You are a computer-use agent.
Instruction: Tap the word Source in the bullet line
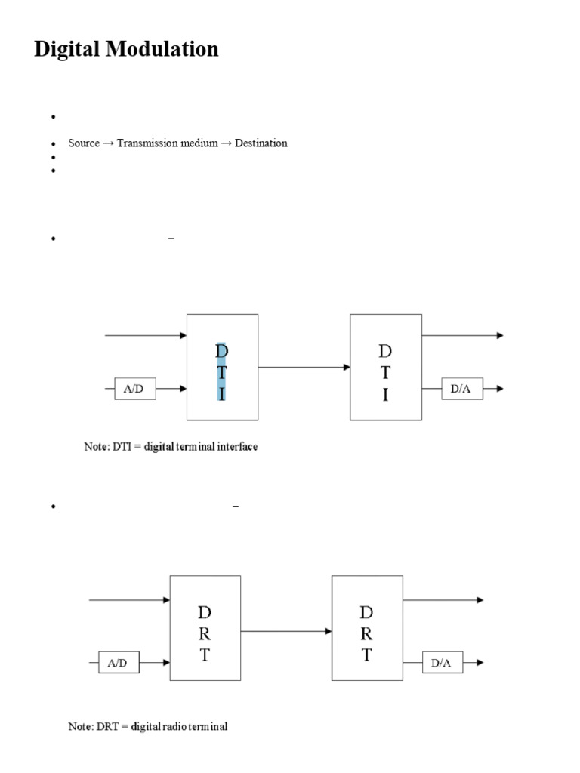[84, 143]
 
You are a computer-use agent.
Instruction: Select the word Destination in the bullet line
[261, 143]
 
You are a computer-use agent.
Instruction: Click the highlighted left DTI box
[222, 367]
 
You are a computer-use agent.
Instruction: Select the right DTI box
[385, 367]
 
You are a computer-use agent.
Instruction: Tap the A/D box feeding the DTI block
[135, 389]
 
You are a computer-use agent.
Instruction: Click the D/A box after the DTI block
[462, 389]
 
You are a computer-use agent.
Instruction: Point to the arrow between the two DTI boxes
[304, 368]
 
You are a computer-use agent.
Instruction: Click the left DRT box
[205, 629]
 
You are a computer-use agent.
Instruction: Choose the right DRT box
[367, 629]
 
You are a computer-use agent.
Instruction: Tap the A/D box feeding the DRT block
[119, 664]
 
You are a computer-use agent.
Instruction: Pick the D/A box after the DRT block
[442, 664]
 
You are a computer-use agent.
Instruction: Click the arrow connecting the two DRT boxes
[286, 630]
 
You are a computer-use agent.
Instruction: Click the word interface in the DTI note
[236, 447]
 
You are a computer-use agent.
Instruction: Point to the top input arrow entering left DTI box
[146, 335]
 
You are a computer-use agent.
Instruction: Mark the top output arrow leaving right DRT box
[443, 600]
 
